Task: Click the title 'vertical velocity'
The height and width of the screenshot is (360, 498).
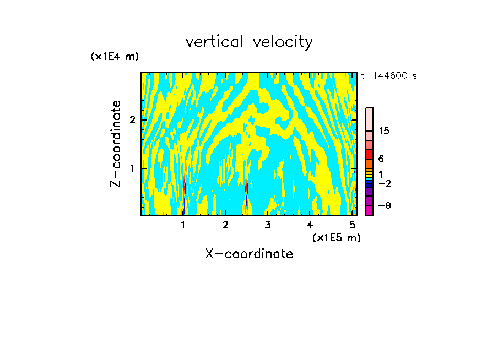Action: tap(249, 42)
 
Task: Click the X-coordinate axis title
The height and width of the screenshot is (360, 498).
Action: tap(249, 254)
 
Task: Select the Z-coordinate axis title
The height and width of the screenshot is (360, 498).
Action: tap(116, 144)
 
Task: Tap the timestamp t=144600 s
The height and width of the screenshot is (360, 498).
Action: tap(389, 76)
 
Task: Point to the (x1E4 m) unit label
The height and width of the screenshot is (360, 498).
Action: tap(115, 57)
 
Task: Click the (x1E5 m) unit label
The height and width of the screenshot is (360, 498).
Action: tap(336, 237)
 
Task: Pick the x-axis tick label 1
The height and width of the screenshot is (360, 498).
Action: tap(183, 225)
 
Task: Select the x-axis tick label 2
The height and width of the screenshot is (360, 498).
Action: tap(225, 225)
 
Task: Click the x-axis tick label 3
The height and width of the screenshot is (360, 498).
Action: tap(268, 225)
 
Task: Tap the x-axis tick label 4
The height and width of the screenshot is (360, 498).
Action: tap(310, 225)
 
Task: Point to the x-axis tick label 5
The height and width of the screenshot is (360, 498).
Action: tap(351, 225)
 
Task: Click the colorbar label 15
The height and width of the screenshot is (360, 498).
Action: tap(385, 131)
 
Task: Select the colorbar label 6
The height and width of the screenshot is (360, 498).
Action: tap(381, 159)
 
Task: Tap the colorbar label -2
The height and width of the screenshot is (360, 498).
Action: tap(384, 184)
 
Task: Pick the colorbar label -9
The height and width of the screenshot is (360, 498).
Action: tap(384, 205)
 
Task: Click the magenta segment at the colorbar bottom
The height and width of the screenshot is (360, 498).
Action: tap(369, 210)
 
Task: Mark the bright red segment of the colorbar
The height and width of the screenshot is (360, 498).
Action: tap(369, 154)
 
